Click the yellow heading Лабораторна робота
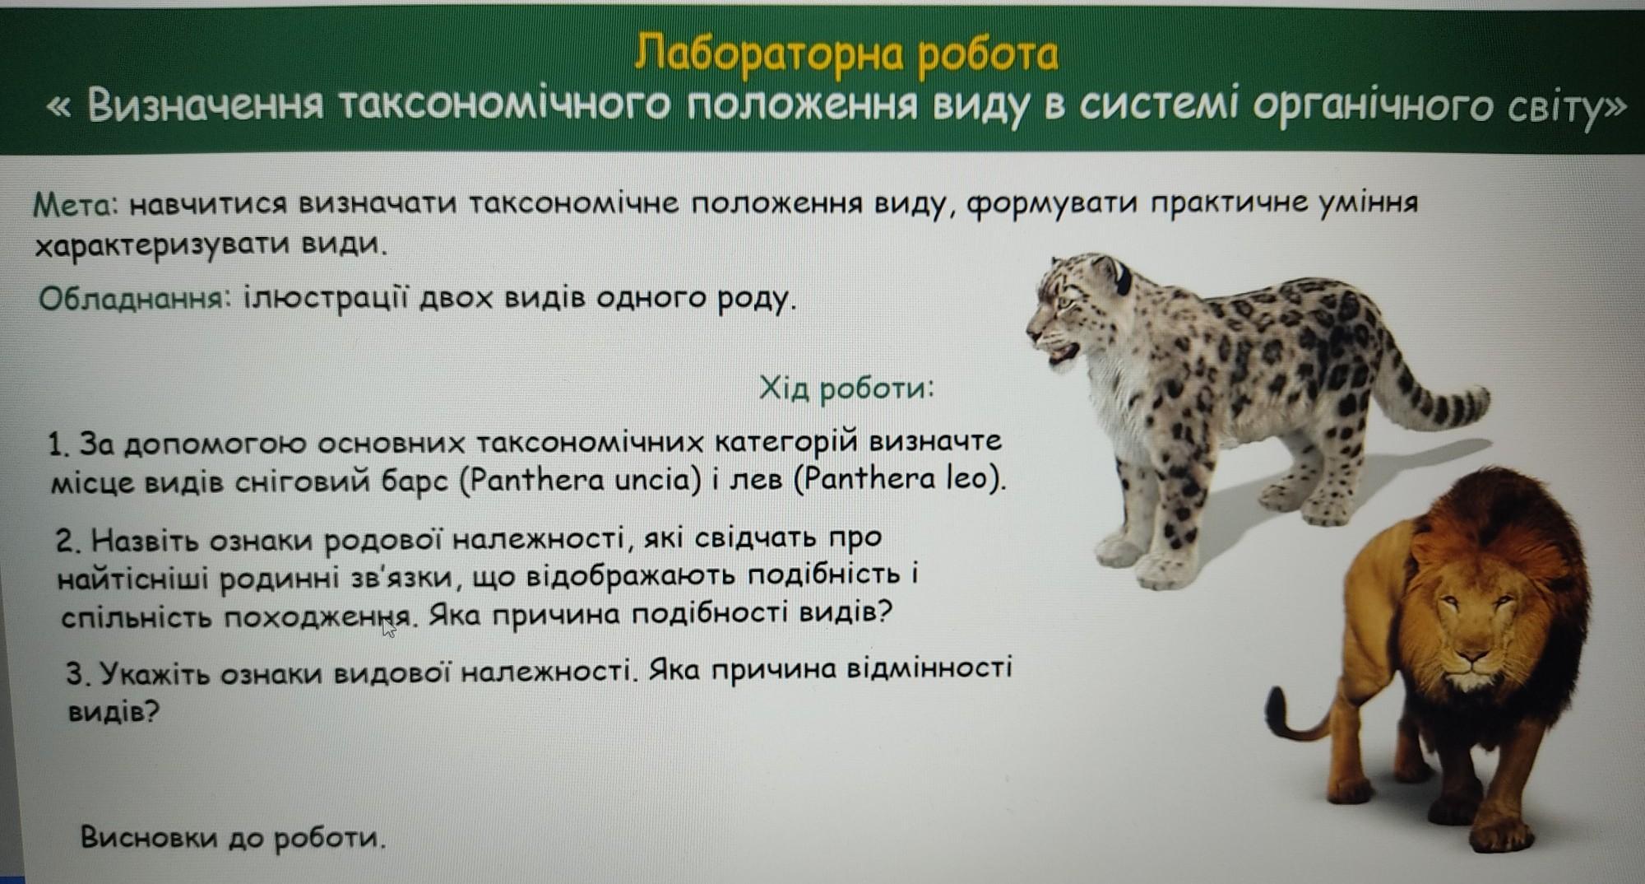pos(848,54)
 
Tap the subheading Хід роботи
pos(846,388)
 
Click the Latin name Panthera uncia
pos(579,480)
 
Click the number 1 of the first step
pos(56,444)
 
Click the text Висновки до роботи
pos(233,838)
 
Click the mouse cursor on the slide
pos(389,626)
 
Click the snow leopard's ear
pos(1119,273)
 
